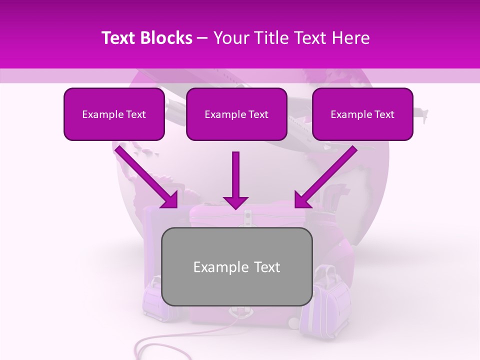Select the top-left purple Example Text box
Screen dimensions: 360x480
[x=114, y=114]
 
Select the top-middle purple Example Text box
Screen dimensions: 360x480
[x=236, y=114]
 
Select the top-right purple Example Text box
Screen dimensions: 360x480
[x=362, y=114]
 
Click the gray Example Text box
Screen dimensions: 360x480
[x=237, y=266]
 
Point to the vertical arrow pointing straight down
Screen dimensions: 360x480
[x=235, y=180]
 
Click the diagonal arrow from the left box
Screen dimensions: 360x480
[x=147, y=177]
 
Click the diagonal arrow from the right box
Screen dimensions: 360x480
[x=325, y=177]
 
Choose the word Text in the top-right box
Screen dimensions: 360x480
[x=384, y=114]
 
